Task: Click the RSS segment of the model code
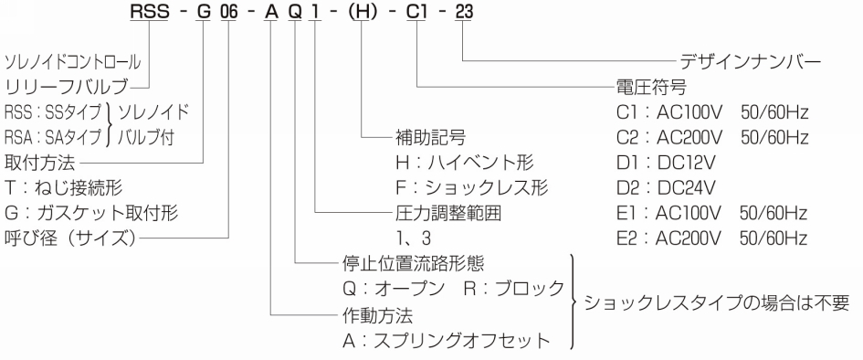pos(150,12)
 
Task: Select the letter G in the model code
pos(204,12)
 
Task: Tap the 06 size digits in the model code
pos(228,12)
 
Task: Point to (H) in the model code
pos(361,12)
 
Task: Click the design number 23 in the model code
pos(464,12)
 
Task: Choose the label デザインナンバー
pos(750,61)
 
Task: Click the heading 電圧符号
pos(652,87)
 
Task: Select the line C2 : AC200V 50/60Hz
pos(712,138)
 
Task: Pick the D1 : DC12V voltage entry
pos(666,163)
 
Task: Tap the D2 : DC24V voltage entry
pos(666,188)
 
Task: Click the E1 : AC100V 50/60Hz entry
pos(712,213)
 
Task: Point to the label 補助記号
pos(431,136)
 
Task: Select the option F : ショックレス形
pos(471,187)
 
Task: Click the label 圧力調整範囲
pos(448,213)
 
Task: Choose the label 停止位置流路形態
pos(414,263)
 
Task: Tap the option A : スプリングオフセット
pos(447,340)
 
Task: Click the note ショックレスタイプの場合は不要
pos(717,302)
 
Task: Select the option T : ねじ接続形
pos(63,187)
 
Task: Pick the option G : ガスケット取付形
pos(91,213)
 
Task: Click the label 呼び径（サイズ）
pos(70,238)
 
